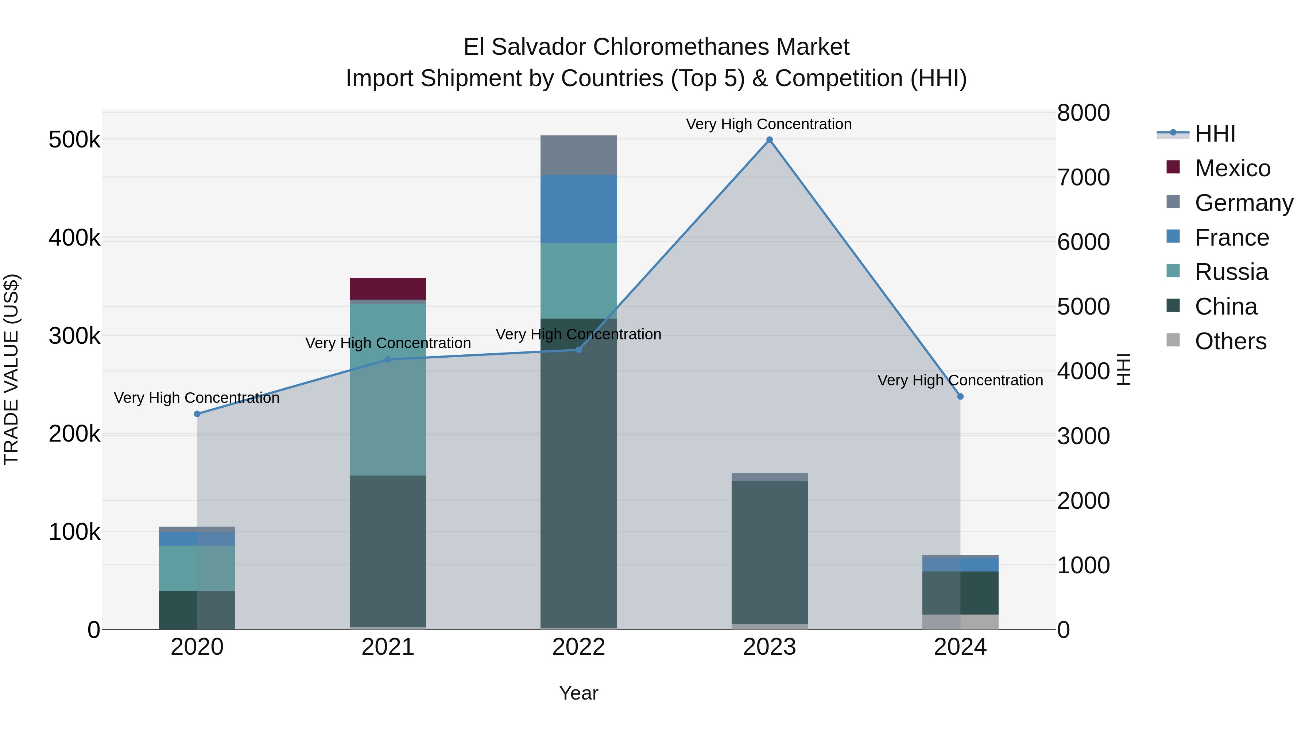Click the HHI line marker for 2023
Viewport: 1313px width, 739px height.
(x=770, y=140)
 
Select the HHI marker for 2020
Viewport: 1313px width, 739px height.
(x=197, y=413)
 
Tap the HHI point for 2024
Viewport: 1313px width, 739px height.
(x=960, y=396)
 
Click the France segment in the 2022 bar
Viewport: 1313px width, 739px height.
(x=578, y=209)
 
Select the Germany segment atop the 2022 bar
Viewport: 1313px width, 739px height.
(x=578, y=155)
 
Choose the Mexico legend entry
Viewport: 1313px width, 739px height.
(x=1232, y=168)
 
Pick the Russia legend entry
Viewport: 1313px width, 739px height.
(x=1231, y=272)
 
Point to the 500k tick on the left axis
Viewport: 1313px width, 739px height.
(x=74, y=140)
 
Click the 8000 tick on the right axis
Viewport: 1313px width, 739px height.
(x=1083, y=113)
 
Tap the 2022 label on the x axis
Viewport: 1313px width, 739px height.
(x=578, y=647)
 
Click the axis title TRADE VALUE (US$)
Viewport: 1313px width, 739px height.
(x=11, y=369)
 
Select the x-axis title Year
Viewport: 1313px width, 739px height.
(x=578, y=693)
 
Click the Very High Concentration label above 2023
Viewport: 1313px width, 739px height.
(x=768, y=124)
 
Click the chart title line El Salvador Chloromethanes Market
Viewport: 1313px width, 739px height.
(x=656, y=47)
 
